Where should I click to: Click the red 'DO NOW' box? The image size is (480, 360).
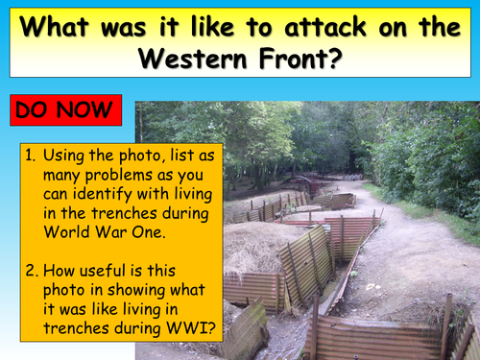pyautogui.click(x=66, y=110)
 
